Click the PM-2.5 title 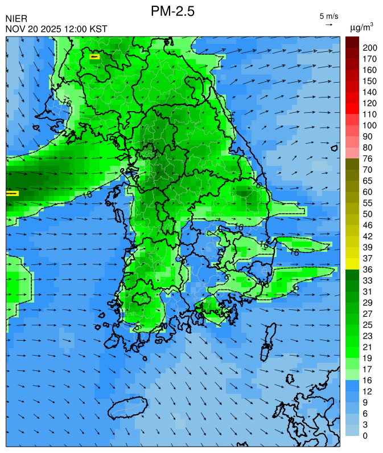pyautogui.click(x=173, y=11)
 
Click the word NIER pyautogui.click(x=16, y=19)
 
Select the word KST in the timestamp pyautogui.click(x=97, y=28)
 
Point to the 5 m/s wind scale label pyautogui.click(x=329, y=16)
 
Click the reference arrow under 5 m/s pyautogui.click(x=329, y=25)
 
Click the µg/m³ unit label pyautogui.click(x=361, y=27)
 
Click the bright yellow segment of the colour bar pyautogui.click(x=352, y=264)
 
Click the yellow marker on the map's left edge pyautogui.click(x=12, y=193)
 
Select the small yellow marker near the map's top pyautogui.click(x=94, y=56)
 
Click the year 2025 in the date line pyautogui.click(x=50, y=28)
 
